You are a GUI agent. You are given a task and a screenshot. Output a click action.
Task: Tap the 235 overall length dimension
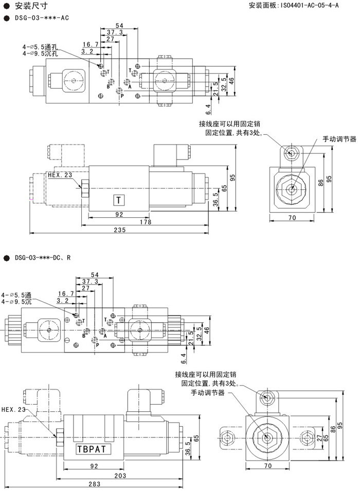[119, 230]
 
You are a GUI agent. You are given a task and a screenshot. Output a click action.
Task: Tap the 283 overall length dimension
[94, 484]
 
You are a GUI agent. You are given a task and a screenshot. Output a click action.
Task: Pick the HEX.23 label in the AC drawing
[60, 174]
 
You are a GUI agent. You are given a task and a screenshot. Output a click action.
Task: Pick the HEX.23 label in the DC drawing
[13, 410]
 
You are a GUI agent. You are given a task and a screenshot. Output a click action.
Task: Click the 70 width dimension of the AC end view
[292, 218]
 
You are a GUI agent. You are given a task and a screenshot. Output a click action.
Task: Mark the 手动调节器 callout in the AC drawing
[339, 139]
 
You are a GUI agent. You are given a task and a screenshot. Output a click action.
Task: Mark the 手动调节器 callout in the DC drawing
[208, 393]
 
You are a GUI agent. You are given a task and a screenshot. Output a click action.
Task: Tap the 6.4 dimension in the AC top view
[209, 109]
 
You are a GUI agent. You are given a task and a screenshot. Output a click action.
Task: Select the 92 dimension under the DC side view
[94, 466]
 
